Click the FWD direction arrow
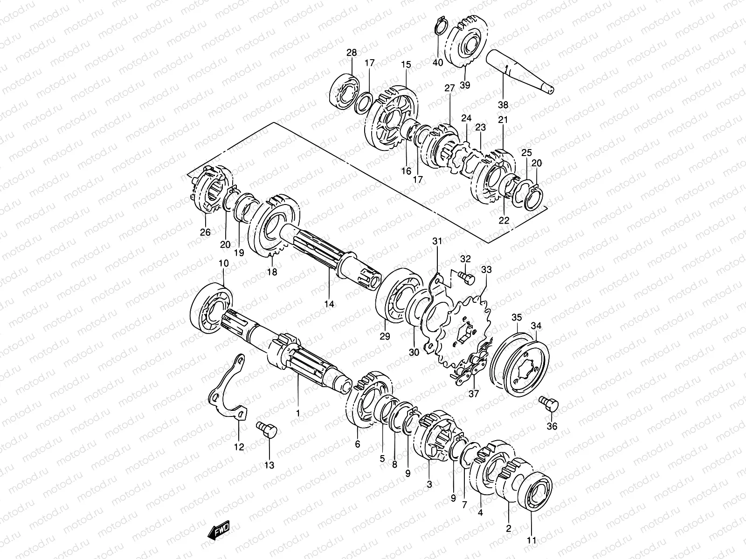click(219, 530)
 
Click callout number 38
click(503, 104)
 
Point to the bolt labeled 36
click(548, 403)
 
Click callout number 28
click(351, 53)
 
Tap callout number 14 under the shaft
click(329, 304)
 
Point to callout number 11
click(532, 541)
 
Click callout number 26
click(205, 232)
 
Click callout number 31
click(436, 241)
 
